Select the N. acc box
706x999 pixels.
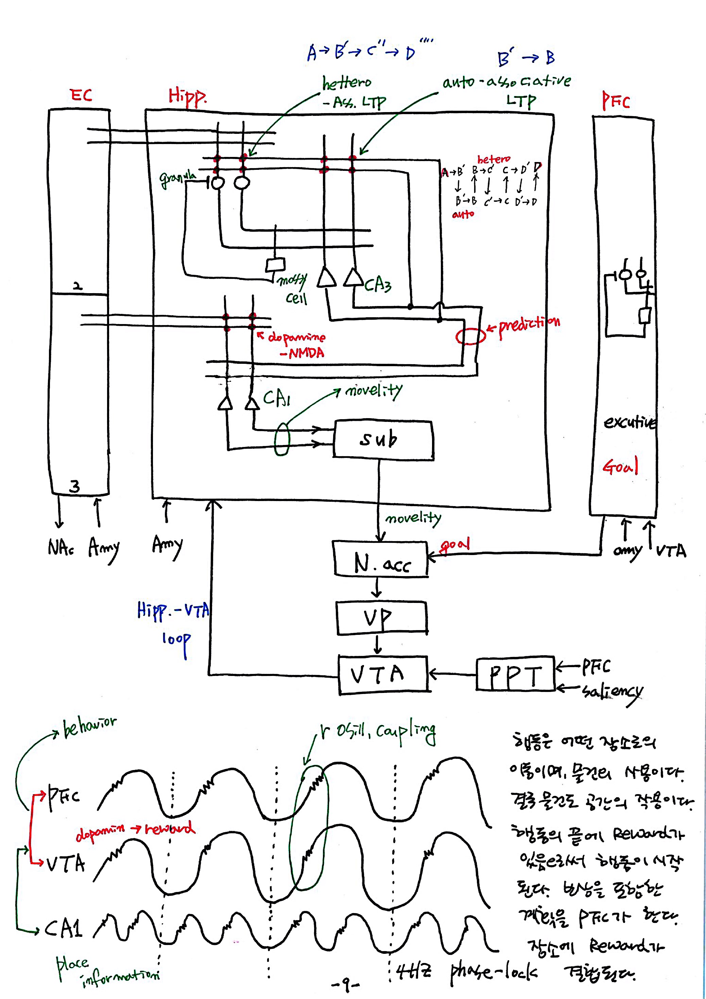pos(381,559)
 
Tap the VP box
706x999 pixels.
pos(381,618)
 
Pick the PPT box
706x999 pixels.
pos(515,674)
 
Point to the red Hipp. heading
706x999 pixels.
pos(187,96)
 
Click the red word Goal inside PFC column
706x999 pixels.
pos(620,466)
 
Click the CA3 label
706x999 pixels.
pos(377,285)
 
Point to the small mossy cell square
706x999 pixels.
pos(275,265)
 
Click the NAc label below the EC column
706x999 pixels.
pos(61,547)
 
